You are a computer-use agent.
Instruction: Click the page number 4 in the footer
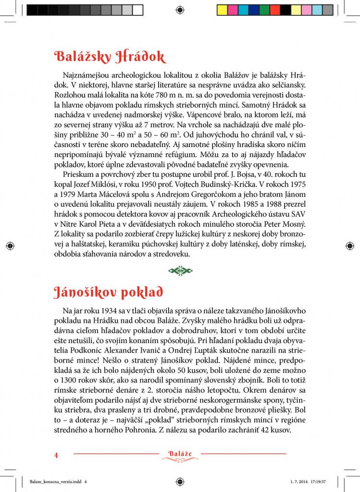(x=56, y=455)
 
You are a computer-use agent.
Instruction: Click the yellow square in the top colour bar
(x=222, y=9)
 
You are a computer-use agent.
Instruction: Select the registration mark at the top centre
(x=180, y=9)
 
